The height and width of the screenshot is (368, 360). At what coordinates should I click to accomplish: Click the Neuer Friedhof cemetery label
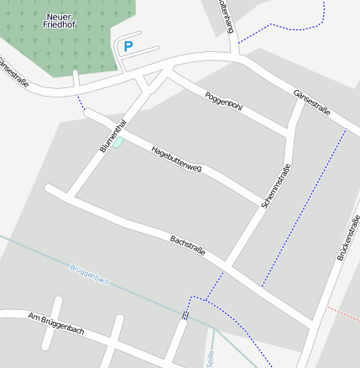click(59, 21)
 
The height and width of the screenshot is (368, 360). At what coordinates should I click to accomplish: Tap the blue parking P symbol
click(128, 47)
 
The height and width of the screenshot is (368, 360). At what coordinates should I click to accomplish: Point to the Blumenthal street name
click(112, 135)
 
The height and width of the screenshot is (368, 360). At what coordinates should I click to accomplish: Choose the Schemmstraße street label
click(276, 187)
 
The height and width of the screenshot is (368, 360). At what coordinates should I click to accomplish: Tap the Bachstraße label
click(188, 246)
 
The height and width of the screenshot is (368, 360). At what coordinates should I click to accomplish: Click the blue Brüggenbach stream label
click(90, 274)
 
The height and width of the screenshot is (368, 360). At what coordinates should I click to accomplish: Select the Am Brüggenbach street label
click(56, 324)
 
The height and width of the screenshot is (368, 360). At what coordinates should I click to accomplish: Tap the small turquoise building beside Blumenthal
click(118, 143)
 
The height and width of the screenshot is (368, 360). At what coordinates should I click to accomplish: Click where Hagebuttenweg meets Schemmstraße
click(262, 202)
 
